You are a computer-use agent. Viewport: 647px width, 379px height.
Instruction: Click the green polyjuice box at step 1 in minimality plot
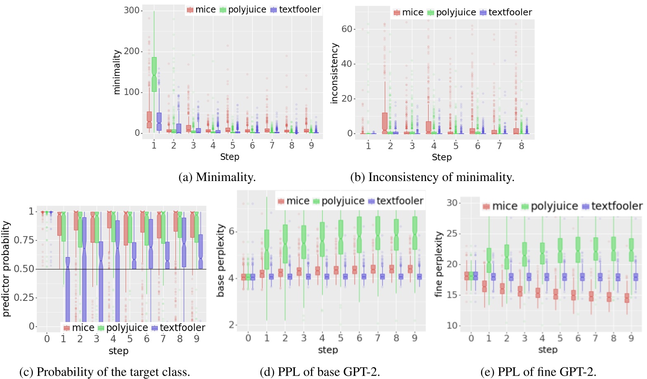tap(154, 74)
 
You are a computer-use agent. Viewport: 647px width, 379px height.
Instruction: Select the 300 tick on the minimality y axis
tap(132, 10)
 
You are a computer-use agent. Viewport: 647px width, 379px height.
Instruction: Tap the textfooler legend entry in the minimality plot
tap(296, 10)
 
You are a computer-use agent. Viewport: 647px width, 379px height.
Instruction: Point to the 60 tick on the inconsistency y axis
tap(347, 29)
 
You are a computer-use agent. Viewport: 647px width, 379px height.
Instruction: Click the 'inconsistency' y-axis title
tap(334, 73)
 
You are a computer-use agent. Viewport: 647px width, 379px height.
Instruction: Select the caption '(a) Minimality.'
tap(217, 177)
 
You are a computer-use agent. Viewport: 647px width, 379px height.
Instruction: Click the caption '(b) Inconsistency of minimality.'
tap(432, 177)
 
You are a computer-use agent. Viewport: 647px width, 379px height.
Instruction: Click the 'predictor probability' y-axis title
tap(6, 269)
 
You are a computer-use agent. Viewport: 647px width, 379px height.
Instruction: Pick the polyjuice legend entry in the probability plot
tap(123, 328)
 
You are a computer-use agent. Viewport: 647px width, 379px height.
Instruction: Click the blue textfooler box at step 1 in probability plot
tap(68, 289)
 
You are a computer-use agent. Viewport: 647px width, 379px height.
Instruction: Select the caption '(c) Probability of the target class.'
tap(105, 372)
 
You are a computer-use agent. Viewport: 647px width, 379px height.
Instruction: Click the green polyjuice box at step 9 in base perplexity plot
tap(415, 234)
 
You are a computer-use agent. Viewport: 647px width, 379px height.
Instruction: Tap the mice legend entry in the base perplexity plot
tap(294, 201)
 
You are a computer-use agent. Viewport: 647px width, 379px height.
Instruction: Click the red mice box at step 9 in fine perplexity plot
tap(627, 298)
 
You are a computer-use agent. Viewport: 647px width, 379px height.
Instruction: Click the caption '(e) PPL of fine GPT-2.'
tap(538, 372)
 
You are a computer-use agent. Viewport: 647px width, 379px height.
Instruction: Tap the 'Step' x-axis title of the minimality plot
tap(230, 157)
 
